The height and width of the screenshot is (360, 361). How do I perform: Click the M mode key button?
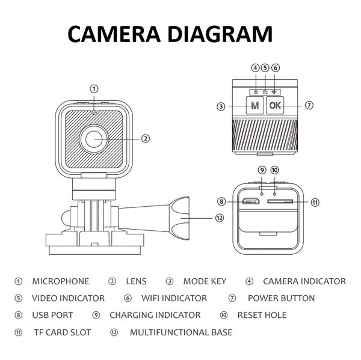255,106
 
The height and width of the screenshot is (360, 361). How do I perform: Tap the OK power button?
275,106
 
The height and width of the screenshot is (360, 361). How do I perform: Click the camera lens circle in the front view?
94,138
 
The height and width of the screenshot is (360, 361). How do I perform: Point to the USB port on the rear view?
250,201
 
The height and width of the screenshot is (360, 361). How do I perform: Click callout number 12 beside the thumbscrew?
219,218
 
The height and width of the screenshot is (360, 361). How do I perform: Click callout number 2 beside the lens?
145,138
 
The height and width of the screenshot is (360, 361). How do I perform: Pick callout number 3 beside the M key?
221,106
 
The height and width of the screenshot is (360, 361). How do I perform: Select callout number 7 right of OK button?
309,105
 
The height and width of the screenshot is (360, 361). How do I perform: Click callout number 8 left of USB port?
221,201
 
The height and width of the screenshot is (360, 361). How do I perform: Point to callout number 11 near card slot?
315,202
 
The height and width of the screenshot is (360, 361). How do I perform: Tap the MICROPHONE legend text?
60,281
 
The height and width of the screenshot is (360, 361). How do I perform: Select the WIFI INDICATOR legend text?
174,298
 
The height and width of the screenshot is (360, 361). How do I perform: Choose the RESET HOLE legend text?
262,315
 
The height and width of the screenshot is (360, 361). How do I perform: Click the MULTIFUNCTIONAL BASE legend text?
180,332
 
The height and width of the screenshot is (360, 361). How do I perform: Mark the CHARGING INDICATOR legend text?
155,315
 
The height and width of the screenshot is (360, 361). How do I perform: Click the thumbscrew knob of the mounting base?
178,217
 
